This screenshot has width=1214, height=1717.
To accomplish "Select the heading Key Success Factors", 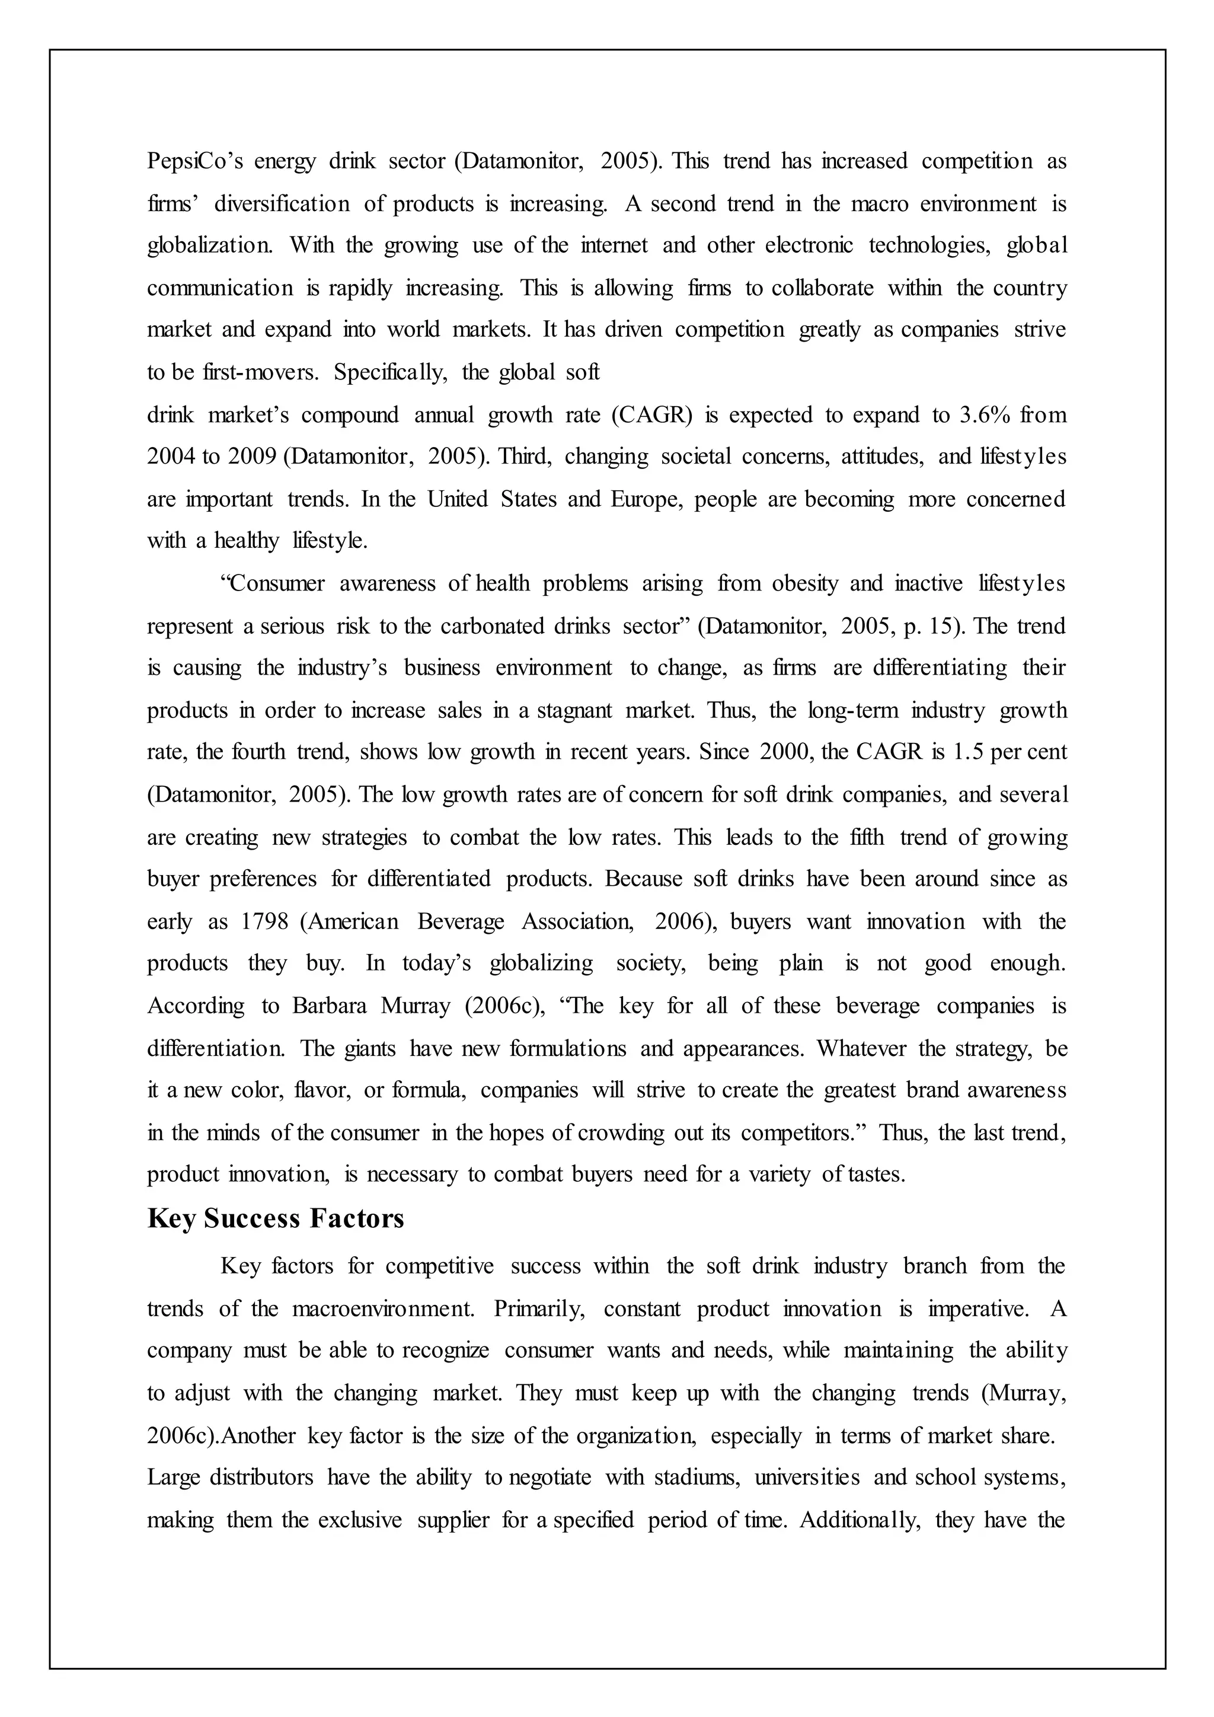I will pyautogui.click(x=275, y=1218).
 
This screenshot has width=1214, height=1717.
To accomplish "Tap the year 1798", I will pyautogui.click(x=264, y=921).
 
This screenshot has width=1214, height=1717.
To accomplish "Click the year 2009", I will pyautogui.click(x=252, y=457).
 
